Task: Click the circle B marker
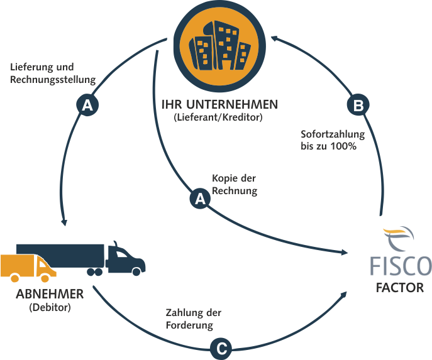coord(358,105)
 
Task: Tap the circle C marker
coord(221,349)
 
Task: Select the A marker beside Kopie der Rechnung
coord(201,199)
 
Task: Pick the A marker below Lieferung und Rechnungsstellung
coord(87,105)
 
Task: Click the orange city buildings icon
coord(219,46)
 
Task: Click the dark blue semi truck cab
coord(126,259)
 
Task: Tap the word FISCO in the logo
coord(401,266)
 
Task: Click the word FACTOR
coord(400,288)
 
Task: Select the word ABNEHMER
coord(50,294)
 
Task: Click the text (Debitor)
coord(50,307)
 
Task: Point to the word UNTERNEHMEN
coord(232,104)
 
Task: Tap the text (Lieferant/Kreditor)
coord(218,117)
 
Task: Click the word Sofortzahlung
coord(333,134)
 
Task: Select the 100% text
coord(343,146)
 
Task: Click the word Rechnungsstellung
coord(53,80)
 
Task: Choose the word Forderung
coord(189,325)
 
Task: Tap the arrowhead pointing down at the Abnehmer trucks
coord(64,222)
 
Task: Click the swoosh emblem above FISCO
coord(399,237)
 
